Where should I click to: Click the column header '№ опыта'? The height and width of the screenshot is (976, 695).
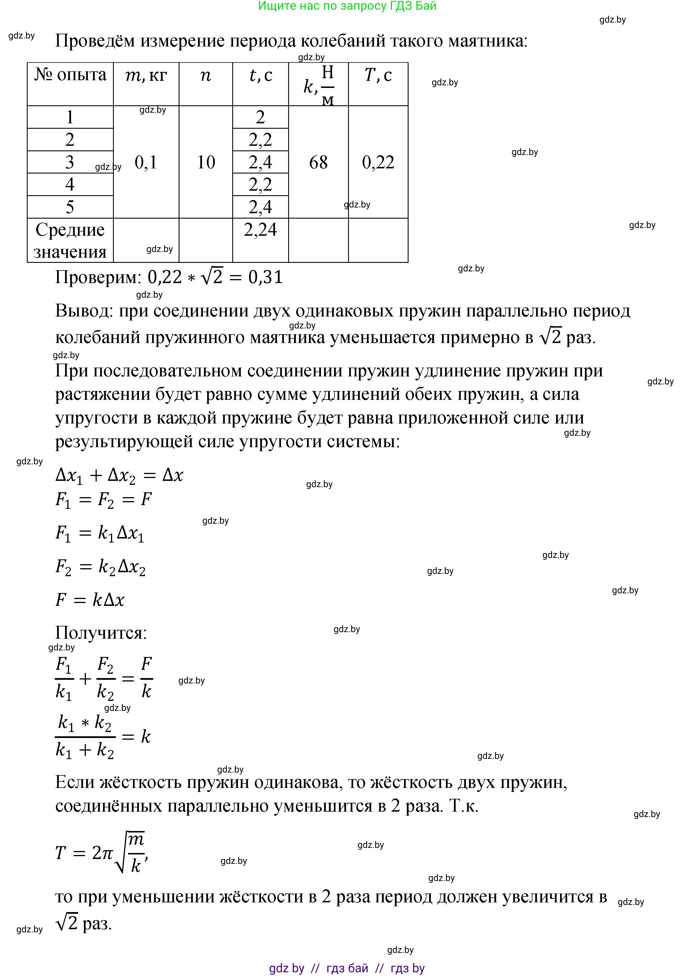[x=70, y=75]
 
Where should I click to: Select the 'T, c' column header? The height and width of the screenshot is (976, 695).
[x=378, y=75]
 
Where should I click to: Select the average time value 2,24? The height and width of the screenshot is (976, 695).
[x=260, y=230]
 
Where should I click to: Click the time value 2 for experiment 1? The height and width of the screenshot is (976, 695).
[x=260, y=117]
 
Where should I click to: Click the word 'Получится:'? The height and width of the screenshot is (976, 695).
[x=101, y=633]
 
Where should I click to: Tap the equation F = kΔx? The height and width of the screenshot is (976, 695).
[x=90, y=600]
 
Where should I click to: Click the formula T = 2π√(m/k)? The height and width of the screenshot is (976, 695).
[x=102, y=853]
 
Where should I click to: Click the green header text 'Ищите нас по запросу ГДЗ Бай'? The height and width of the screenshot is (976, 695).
[x=347, y=6]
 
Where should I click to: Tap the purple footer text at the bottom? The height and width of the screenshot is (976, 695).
[x=347, y=968]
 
